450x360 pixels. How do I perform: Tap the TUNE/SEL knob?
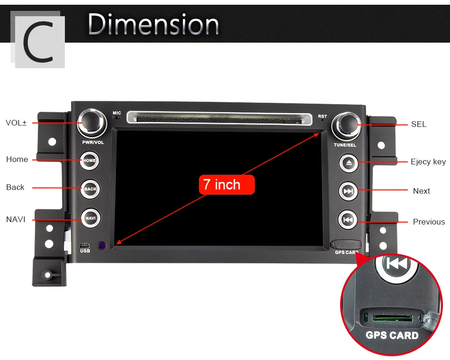click(345, 125)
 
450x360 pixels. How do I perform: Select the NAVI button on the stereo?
click(90, 218)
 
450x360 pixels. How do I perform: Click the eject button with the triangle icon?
click(349, 163)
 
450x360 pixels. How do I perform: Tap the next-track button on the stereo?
click(348, 191)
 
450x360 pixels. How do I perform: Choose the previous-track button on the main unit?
click(348, 220)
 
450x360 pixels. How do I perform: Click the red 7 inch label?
click(226, 185)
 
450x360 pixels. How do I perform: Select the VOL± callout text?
click(16, 123)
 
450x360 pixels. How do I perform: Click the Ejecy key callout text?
click(428, 162)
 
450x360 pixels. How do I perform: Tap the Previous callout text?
click(429, 222)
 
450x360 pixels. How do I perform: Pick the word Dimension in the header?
click(153, 24)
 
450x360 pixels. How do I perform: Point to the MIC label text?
click(117, 113)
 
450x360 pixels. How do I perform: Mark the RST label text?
click(323, 116)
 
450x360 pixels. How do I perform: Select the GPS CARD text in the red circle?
click(392, 335)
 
